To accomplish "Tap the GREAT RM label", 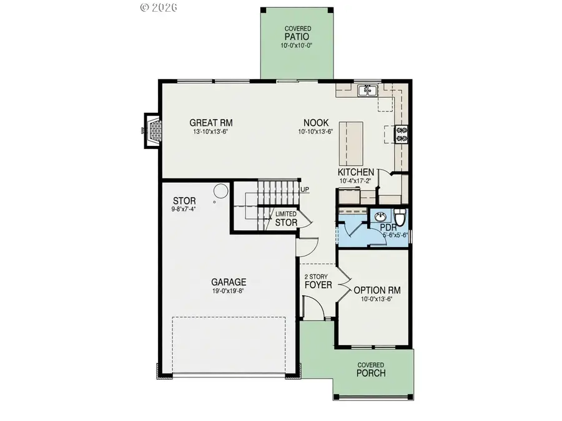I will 207,123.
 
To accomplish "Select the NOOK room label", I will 315,123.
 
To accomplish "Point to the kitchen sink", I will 367,91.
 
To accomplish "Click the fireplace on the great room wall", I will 152,131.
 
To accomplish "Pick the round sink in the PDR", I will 381,217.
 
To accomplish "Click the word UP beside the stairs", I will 305,189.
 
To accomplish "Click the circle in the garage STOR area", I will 221,191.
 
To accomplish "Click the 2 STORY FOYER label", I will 317,281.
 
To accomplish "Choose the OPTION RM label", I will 377,290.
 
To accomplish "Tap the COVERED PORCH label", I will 371,370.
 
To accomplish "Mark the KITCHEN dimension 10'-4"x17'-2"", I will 356,181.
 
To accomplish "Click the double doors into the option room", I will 342,285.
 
